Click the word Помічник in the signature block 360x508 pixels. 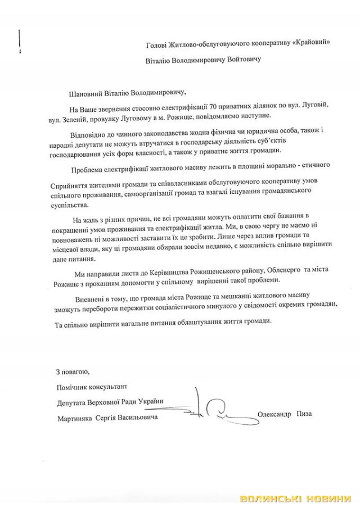73,387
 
